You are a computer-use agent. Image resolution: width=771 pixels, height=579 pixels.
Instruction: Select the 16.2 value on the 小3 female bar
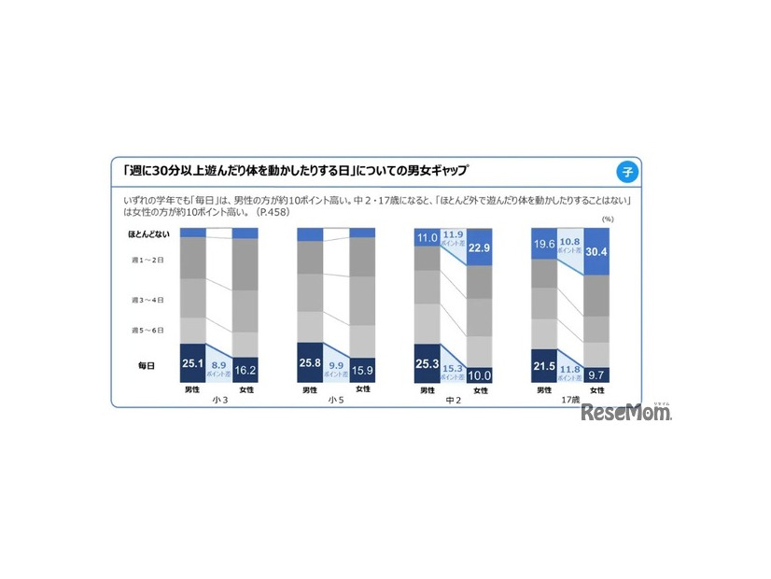245,370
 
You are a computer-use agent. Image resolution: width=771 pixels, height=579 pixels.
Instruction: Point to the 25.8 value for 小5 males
310,362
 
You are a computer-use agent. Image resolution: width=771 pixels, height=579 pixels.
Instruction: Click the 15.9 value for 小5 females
362,370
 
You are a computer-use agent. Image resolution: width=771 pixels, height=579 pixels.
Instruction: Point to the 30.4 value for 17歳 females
597,250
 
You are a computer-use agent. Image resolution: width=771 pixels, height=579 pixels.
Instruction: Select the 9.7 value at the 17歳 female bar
597,374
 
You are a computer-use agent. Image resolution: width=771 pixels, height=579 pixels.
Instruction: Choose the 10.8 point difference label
571,241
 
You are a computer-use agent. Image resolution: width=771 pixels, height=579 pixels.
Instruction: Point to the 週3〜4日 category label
147,300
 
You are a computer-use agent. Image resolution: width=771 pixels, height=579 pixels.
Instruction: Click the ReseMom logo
626,412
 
